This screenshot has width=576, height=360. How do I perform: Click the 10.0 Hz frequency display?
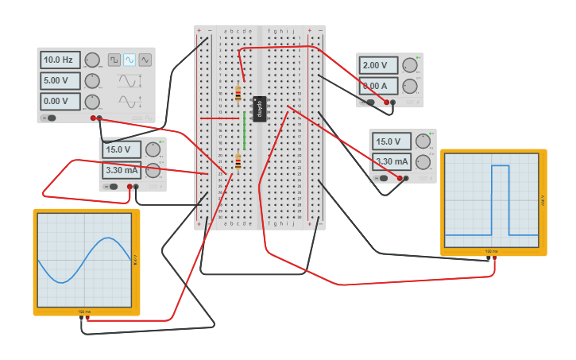(x=60, y=60)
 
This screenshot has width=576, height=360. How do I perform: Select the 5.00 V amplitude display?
(x=60, y=80)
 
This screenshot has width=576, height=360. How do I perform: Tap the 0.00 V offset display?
(x=60, y=101)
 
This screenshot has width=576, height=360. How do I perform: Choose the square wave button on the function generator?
(x=114, y=60)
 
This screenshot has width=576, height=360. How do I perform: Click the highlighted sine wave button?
(x=130, y=60)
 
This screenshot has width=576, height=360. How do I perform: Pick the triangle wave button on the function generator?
(x=145, y=60)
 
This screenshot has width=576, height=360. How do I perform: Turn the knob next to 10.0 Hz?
(x=92, y=60)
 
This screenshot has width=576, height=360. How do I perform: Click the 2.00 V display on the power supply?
(x=378, y=66)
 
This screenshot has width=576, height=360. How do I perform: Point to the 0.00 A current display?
(x=378, y=86)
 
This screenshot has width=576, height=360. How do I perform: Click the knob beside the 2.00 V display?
(x=410, y=66)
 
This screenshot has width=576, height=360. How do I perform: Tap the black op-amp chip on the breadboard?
(x=259, y=109)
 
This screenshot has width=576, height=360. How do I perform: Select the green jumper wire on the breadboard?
(x=244, y=131)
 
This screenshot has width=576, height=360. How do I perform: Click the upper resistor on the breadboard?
(x=238, y=93)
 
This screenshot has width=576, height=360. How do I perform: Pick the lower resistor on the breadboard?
(x=238, y=162)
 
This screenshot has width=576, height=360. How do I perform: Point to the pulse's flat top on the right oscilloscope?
(x=500, y=166)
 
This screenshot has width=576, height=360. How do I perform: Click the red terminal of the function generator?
(x=93, y=118)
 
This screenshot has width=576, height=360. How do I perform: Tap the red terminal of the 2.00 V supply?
(x=387, y=103)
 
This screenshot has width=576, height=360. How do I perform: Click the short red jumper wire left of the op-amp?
(x=219, y=118)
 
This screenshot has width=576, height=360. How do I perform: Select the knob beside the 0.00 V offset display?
(x=92, y=101)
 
